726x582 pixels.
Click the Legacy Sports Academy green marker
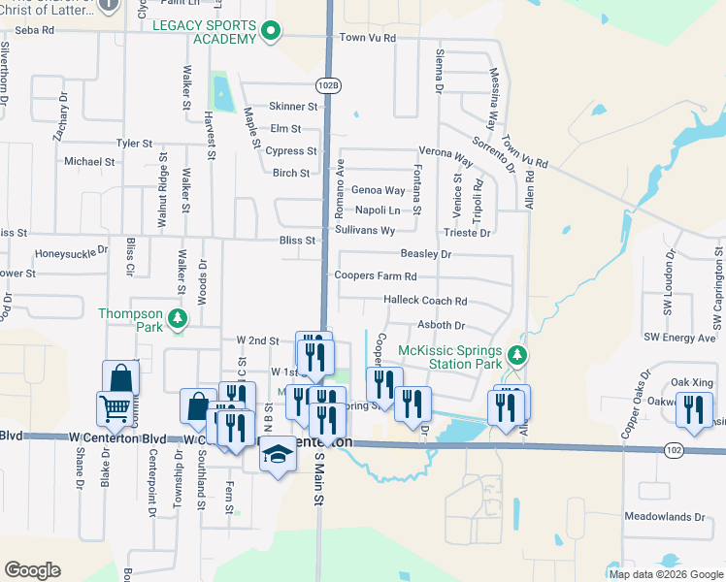[x=273, y=34]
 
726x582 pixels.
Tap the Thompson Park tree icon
[x=177, y=318]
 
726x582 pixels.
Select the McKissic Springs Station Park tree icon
[x=518, y=356]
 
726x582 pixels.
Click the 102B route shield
[x=328, y=85]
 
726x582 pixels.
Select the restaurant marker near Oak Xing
[x=693, y=408]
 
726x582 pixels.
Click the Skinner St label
[x=294, y=106]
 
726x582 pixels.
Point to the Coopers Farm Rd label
[x=375, y=275]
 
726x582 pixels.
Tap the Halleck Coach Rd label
[x=425, y=301]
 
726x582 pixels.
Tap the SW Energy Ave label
[x=679, y=338]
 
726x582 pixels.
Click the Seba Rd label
[x=34, y=31]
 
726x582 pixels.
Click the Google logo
[x=32, y=570]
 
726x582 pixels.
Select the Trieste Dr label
[x=467, y=233]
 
